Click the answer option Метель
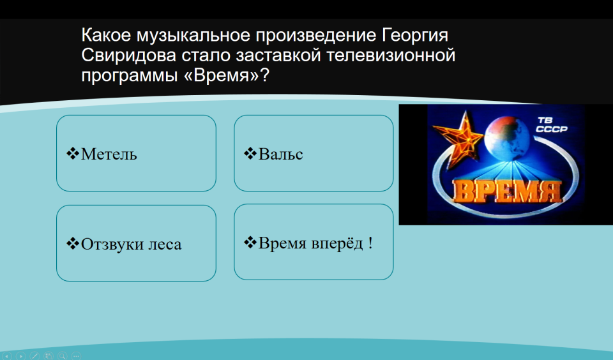[x=136, y=153]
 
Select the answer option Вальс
[x=314, y=153]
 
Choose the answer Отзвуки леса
[x=136, y=243]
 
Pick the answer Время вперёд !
[x=314, y=242]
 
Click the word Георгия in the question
[x=415, y=36]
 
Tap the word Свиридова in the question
[x=128, y=55]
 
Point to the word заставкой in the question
[x=279, y=55]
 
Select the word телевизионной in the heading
[x=391, y=55]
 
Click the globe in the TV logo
[x=507, y=139]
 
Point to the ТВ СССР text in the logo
[x=551, y=124]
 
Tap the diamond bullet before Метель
[x=73, y=153]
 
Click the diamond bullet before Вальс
[x=250, y=153]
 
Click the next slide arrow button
[x=20, y=356]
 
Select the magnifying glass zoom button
[x=62, y=356]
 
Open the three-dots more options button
[x=76, y=356]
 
